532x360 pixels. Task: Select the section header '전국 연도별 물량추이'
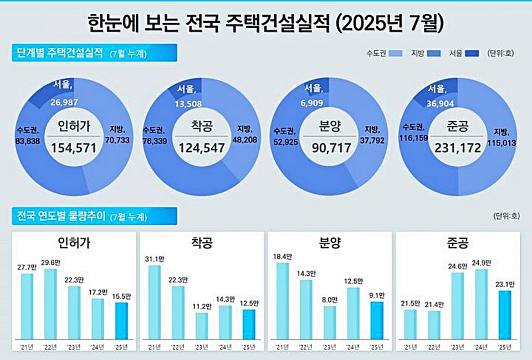pyautogui.click(x=59, y=215)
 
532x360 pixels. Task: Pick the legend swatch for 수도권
pyautogui.click(x=395, y=53)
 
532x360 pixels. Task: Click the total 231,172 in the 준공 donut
pyautogui.click(x=457, y=148)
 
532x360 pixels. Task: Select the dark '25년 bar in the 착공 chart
pyautogui.click(x=249, y=324)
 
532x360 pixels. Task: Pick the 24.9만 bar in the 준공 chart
pyautogui.click(x=482, y=304)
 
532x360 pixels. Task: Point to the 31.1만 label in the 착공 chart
pyautogui.click(x=155, y=259)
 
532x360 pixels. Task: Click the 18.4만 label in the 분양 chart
pyautogui.click(x=283, y=256)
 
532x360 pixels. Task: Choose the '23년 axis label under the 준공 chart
pyautogui.click(x=458, y=347)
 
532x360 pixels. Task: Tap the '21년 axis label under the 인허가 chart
pyautogui.click(x=27, y=347)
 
